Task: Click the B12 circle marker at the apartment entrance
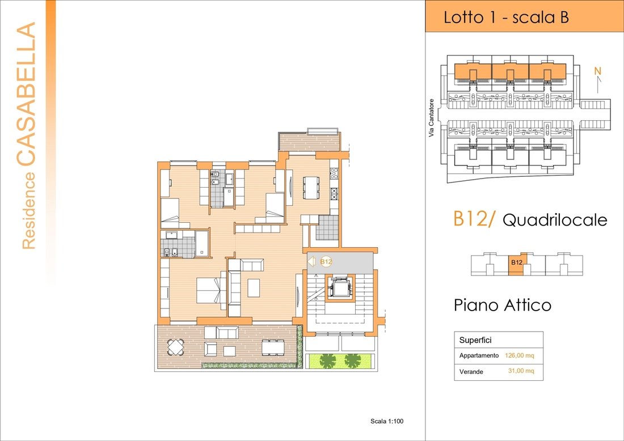[x=326, y=262]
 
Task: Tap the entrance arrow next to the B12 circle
[x=311, y=262]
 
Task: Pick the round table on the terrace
[x=176, y=345]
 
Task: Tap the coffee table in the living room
[x=253, y=287]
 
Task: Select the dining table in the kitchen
[x=311, y=188]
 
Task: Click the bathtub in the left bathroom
[x=203, y=243]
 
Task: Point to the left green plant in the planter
[x=328, y=359]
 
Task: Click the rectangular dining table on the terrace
[x=273, y=346]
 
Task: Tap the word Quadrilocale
[x=554, y=219]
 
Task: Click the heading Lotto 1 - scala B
[x=506, y=17]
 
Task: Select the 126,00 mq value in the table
[x=519, y=355]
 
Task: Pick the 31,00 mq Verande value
[x=521, y=371]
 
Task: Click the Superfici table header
[x=475, y=340]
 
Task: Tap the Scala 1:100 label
[x=386, y=421]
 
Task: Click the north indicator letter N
[x=597, y=71]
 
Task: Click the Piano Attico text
[x=502, y=305]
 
